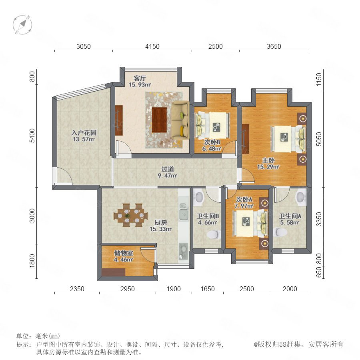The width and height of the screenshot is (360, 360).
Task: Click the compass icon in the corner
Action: [22, 24]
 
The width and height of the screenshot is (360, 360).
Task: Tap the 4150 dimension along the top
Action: [152, 46]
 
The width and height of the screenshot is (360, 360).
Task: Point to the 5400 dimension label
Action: [32, 136]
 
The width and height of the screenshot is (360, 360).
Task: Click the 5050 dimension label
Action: [319, 139]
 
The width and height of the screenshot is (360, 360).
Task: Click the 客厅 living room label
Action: [140, 78]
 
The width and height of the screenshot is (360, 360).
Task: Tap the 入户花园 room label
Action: [84, 133]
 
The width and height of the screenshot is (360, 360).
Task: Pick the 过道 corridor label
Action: [168, 169]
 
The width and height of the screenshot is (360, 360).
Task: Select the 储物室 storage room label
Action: [124, 253]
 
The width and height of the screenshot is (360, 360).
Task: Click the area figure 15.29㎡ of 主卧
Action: [268, 167]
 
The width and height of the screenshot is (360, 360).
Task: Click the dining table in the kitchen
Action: [130, 215]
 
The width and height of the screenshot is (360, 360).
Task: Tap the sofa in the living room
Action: [180, 120]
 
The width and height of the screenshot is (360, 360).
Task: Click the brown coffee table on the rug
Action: [159, 120]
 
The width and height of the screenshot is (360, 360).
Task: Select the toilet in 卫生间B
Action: [213, 234]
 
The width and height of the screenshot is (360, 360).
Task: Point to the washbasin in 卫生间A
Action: [300, 197]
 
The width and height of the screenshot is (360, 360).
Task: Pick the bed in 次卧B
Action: [212, 125]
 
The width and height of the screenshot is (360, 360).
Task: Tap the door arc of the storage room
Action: [147, 255]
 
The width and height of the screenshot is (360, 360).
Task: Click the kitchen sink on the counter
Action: [184, 214]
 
